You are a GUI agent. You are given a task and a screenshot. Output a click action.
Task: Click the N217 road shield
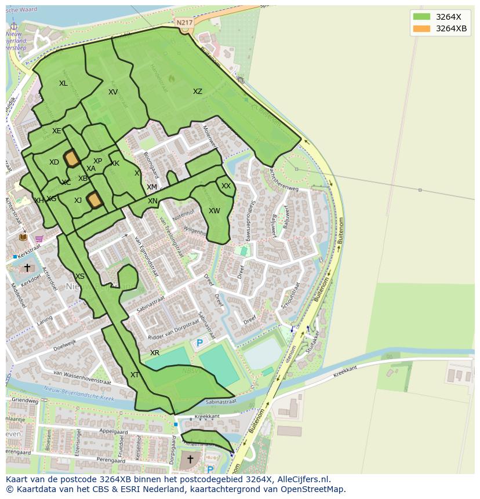pyautogui.click(x=184, y=23)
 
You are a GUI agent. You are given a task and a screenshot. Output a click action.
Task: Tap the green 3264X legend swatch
pyautogui.click(x=421, y=16)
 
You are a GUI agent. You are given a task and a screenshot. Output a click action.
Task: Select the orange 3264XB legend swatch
pyautogui.click(x=421, y=29)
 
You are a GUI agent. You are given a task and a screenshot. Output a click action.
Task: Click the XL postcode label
pyautogui.click(x=63, y=83)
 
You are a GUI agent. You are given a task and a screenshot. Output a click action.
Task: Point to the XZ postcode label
pyautogui.click(x=198, y=92)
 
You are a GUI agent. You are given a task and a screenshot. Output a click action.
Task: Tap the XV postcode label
pyautogui.click(x=113, y=92)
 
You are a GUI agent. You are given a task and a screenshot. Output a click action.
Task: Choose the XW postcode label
pyautogui.click(x=214, y=211)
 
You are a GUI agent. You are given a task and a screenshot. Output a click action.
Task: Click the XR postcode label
pyautogui.click(x=155, y=353)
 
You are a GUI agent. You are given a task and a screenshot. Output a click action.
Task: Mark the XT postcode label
pyautogui.click(x=134, y=375)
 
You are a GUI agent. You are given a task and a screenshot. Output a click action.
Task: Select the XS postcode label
pyautogui.click(x=80, y=276)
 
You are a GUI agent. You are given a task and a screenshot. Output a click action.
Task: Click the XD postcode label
pyautogui.click(x=54, y=162)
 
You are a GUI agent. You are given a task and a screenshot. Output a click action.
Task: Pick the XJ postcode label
pyautogui.click(x=78, y=201)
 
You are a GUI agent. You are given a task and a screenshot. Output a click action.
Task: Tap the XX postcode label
pyautogui.click(x=226, y=186)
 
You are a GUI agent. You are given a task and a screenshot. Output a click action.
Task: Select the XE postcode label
pyautogui.click(x=56, y=131)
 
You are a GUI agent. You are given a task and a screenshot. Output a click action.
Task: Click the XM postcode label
pyautogui.click(x=152, y=187)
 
